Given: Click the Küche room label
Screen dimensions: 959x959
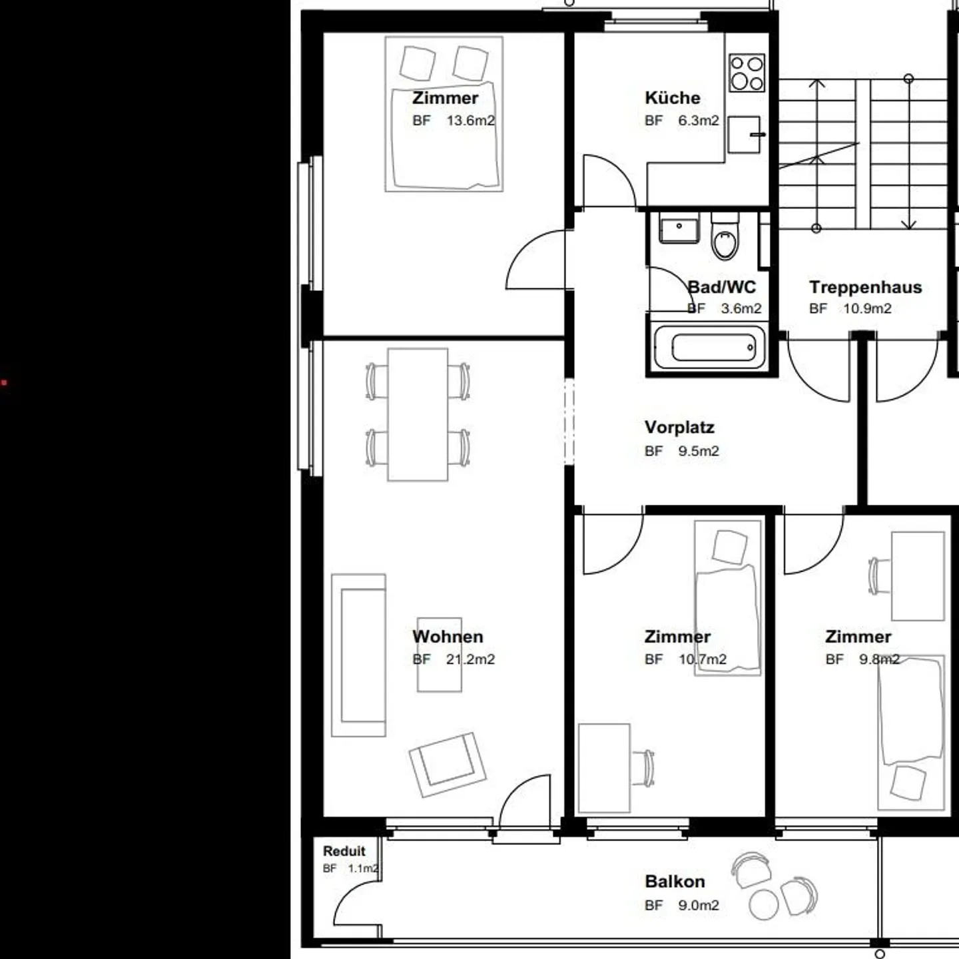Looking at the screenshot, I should coord(672,98).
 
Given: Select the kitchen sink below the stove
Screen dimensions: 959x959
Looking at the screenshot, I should coord(744,135).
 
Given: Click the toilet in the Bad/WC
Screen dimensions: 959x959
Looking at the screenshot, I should coord(725,238).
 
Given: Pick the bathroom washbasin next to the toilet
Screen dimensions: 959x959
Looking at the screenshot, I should coord(679,228).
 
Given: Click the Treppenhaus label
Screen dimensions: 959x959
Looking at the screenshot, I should coord(865,287).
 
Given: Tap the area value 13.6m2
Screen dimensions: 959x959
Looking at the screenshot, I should coord(470,121).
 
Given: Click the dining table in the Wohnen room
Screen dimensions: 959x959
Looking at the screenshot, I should coord(418,414).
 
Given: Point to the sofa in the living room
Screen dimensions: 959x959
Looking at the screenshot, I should coord(359,655).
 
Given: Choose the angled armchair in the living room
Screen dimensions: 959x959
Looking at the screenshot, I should coord(447,764).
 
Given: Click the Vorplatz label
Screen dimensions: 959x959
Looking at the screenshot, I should coord(679,427).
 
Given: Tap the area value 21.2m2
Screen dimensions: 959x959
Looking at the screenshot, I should coord(470,659).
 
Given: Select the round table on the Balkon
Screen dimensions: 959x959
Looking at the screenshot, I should coord(763,904).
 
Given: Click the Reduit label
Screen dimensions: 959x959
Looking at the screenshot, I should coord(344,851).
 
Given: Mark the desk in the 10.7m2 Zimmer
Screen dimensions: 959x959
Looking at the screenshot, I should coord(604,768).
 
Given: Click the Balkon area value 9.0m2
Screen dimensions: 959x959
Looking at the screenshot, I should coord(698,906).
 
